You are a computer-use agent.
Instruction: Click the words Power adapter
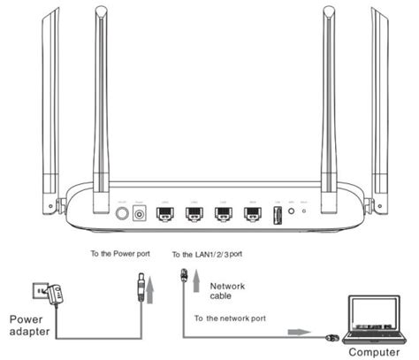pyautogui.click(x=28, y=324)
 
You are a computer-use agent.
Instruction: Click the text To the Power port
pyautogui.click(x=121, y=253)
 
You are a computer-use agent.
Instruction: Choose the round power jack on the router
pyautogui.click(x=139, y=213)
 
